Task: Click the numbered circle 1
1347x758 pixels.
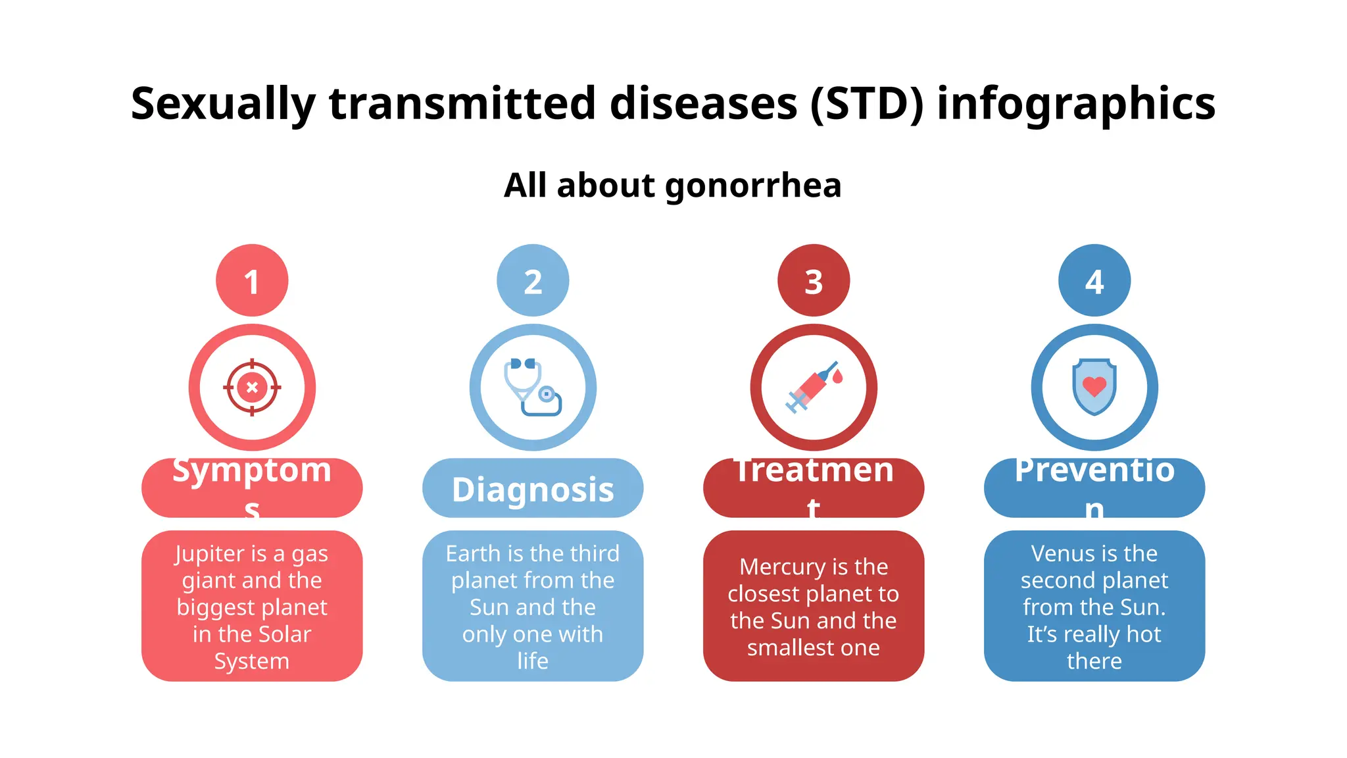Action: [x=252, y=281]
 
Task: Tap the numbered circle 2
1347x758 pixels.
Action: [x=533, y=281]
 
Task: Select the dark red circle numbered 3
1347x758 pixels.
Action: [x=814, y=281]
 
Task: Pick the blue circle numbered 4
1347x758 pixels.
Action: [x=1094, y=281]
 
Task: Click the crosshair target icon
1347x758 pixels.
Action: [x=252, y=388]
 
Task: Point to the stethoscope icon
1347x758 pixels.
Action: [x=533, y=388]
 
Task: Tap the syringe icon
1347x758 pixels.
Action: [x=814, y=388]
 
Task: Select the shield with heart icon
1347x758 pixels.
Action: [x=1094, y=388]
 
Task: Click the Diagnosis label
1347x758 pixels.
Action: [x=533, y=489]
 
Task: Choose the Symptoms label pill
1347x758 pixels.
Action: [x=252, y=488]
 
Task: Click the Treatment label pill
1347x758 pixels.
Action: [x=814, y=488]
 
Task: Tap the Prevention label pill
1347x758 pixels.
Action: [x=1094, y=488]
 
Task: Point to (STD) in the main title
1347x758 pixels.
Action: [x=867, y=104]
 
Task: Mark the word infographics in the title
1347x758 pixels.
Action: [x=1076, y=104]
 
